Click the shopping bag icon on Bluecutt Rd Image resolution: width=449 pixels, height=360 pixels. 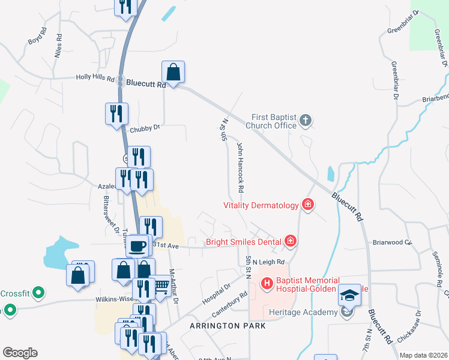[x=173, y=73]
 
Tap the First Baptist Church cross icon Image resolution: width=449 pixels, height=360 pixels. [x=305, y=121]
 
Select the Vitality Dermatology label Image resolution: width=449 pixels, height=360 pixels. [x=261, y=205]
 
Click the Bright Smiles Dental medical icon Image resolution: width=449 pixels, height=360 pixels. [x=291, y=242]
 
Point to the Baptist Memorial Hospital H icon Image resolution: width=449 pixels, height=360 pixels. [x=266, y=281]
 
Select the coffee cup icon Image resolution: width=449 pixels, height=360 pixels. [x=137, y=245]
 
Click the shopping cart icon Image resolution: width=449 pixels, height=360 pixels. [x=160, y=286]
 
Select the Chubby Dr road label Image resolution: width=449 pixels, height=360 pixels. [x=144, y=128]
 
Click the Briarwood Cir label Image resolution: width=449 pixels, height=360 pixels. [x=393, y=243]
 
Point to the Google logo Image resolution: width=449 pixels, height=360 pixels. [x=20, y=353]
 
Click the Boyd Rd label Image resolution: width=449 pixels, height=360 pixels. [x=37, y=35]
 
